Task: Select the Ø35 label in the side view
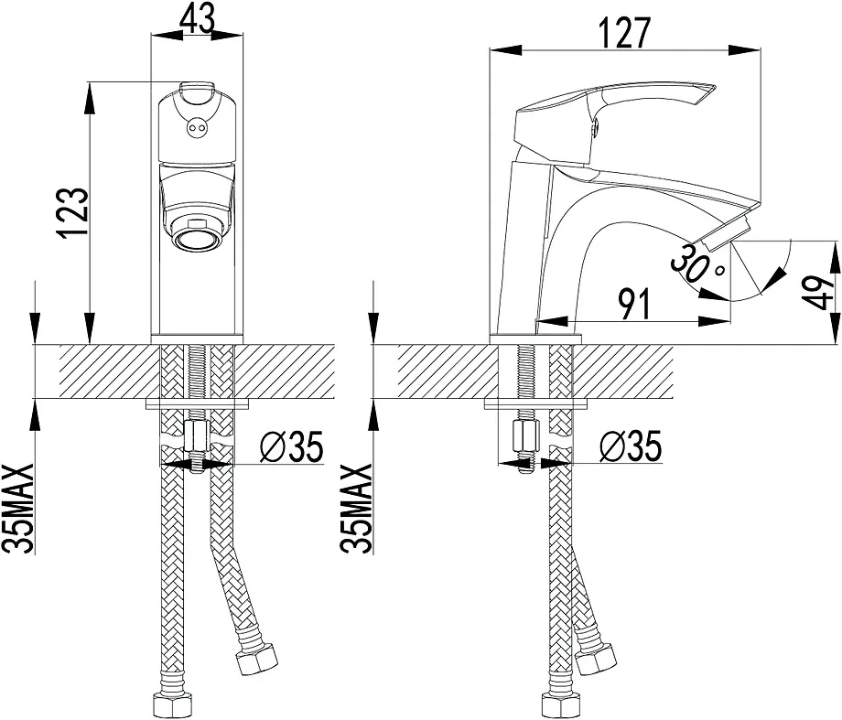pyautogui.click(x=631, y=446)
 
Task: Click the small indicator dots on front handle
pyautogui.click(x=196, y=129)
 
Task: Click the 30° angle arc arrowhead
pyautogui.click(x=775, y=276)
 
